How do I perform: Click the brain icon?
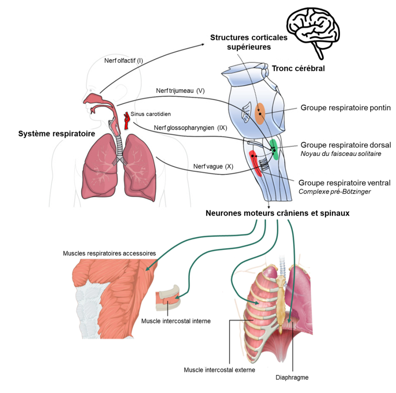point(314,27)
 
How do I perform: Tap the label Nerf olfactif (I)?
point(124,61)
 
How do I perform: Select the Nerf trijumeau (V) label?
point(180,91)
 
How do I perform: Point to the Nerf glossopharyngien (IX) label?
point(189,127)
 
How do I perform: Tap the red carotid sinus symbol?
point(126,120)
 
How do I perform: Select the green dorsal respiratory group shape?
point(274,149)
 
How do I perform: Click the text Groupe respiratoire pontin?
point(346,108)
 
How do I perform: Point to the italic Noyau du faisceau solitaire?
point(340,154)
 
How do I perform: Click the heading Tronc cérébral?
point(298,69)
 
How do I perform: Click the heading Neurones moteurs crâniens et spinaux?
point(278,213)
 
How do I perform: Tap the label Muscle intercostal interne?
point(176,321)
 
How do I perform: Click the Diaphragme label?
point(292,377)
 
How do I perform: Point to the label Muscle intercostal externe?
point(220,370)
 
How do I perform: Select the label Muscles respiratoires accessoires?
point(109,253)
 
